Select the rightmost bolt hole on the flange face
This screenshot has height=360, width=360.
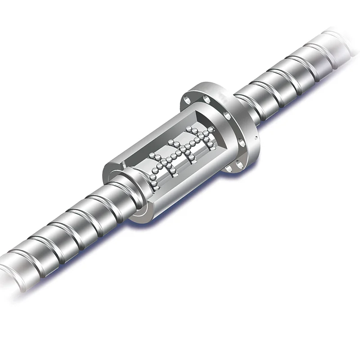coord(243,144)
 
